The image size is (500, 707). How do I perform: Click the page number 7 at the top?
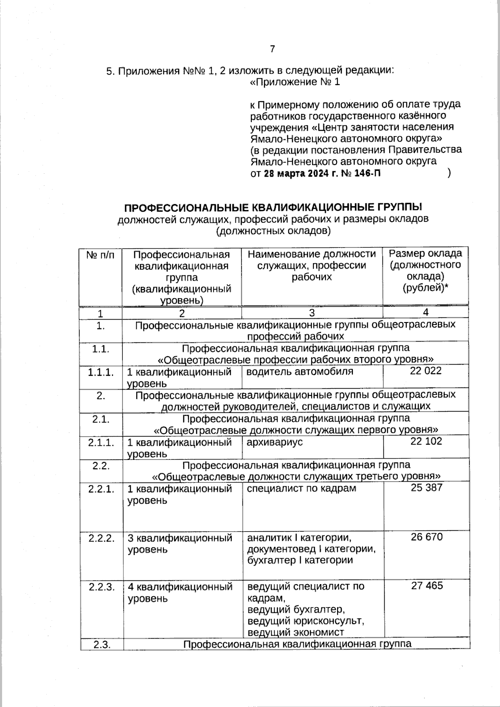tap(272, 49)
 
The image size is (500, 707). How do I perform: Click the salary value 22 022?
tap(425, 371)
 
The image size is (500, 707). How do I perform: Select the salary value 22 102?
tap(426, 441)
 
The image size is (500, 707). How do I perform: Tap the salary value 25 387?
tap(426, 487)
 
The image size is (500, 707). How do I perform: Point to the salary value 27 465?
tap(427, 586)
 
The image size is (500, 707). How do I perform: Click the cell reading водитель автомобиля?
tap(300, 371)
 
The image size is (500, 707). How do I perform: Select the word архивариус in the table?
tap(275, 442)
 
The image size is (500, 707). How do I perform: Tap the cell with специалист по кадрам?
tap(301, 488)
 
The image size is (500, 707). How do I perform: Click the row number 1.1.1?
tap(100, 372)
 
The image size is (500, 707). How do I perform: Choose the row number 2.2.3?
tap(101, 587)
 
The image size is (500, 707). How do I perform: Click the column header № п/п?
tap(100, 255)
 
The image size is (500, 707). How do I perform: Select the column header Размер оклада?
tap(425, 253)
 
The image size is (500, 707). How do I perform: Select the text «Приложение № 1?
tap(295, 82)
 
